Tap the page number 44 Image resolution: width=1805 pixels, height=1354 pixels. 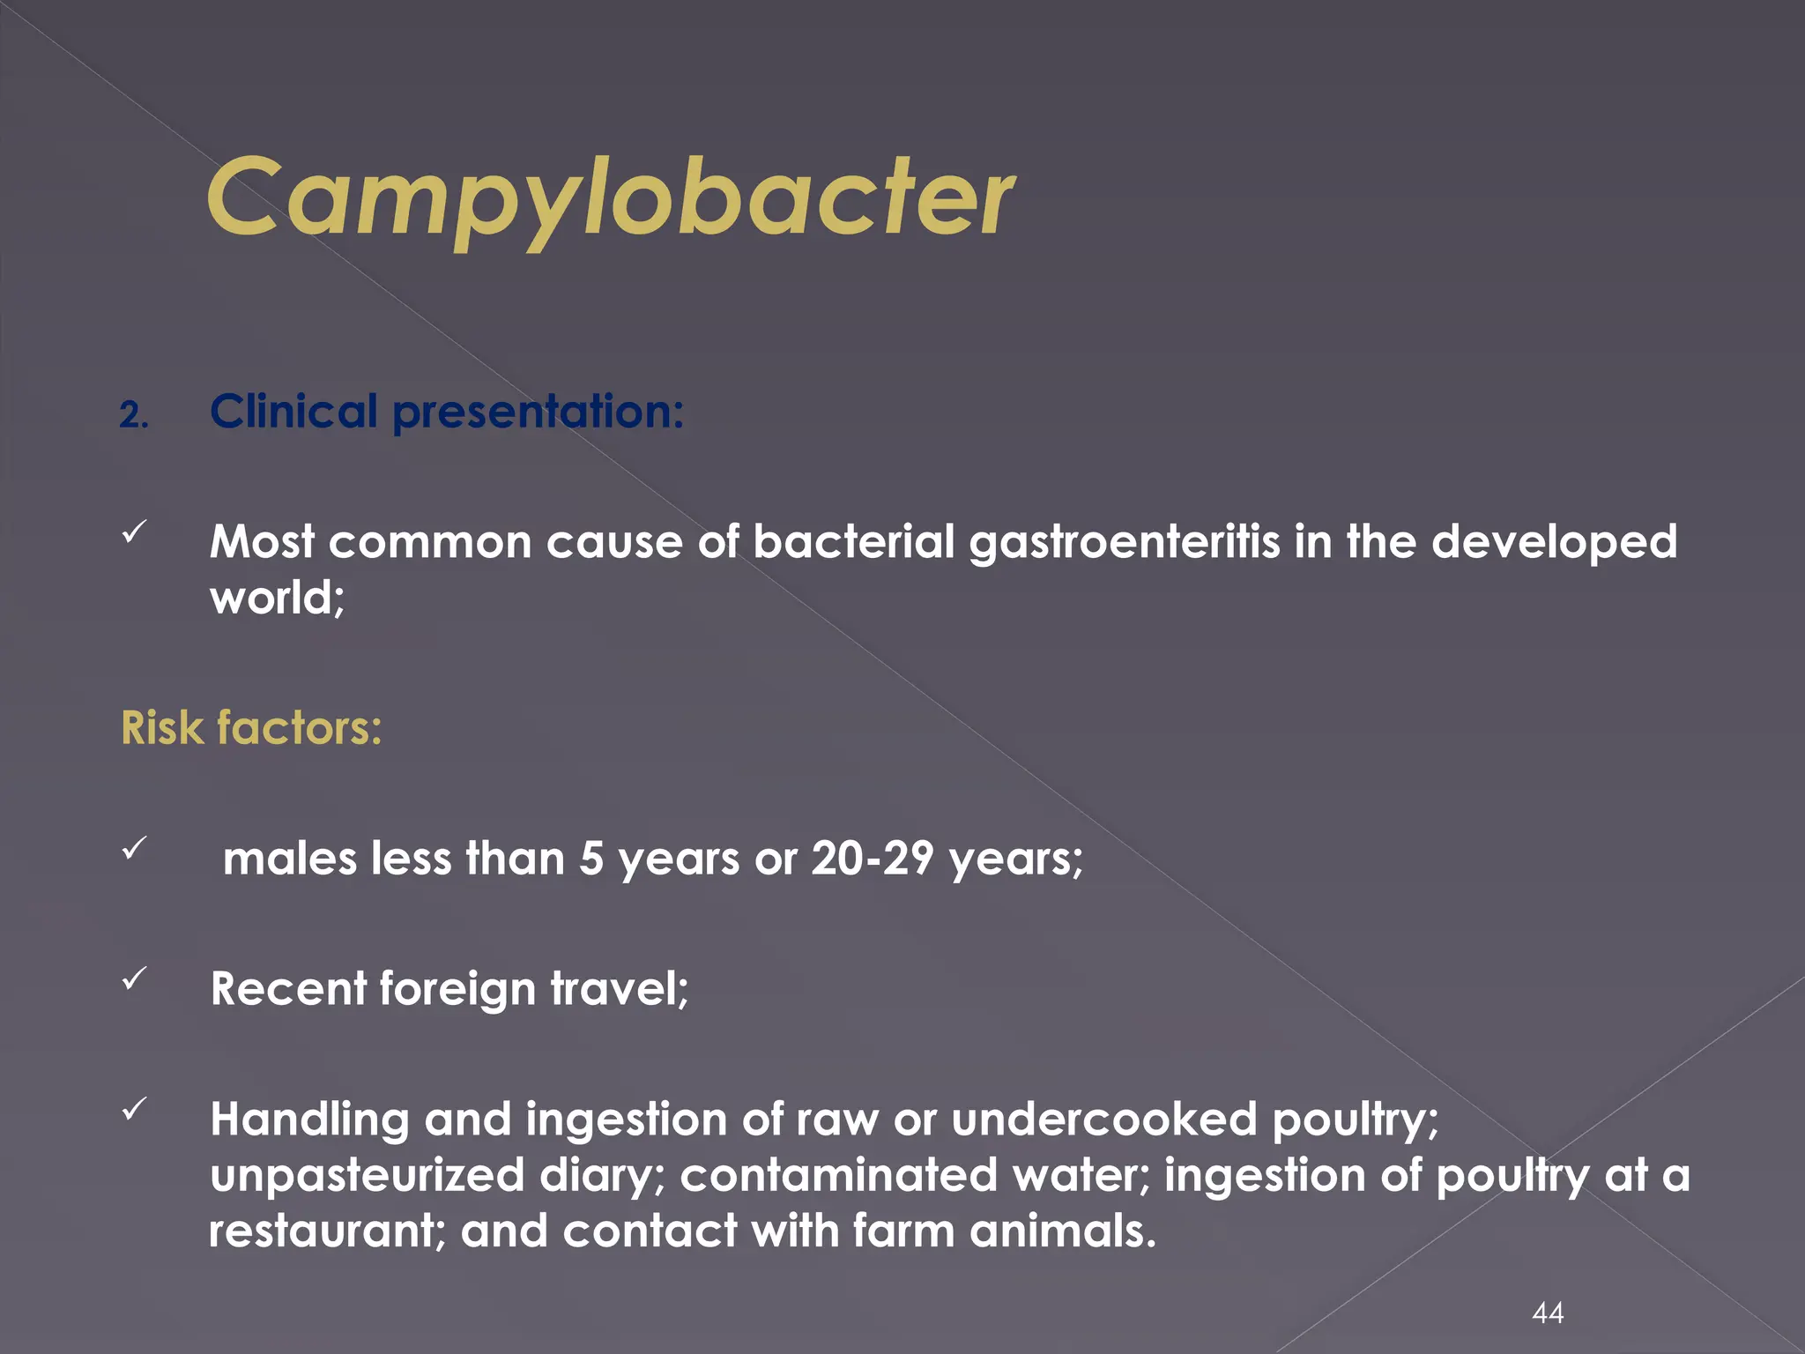coord(1548,1313)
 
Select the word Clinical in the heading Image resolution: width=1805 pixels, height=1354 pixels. coord(293,412)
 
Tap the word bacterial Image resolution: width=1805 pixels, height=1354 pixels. coord(853,541)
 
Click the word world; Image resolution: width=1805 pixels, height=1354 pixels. coord(277,598)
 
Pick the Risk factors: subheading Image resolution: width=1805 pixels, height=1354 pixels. coord(251,728)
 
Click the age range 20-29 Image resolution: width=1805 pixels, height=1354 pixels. coord(872,858)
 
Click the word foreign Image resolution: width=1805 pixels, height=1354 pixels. coord(457,989)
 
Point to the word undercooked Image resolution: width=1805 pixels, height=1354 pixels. coord(1103,1120)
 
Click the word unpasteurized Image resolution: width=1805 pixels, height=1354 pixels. coord(367,1176)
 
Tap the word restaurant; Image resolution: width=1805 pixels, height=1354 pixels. coord(327,1231)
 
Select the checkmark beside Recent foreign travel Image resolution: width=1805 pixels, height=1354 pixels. coord(134,978)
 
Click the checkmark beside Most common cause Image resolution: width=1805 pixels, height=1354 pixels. coord(134,532)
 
